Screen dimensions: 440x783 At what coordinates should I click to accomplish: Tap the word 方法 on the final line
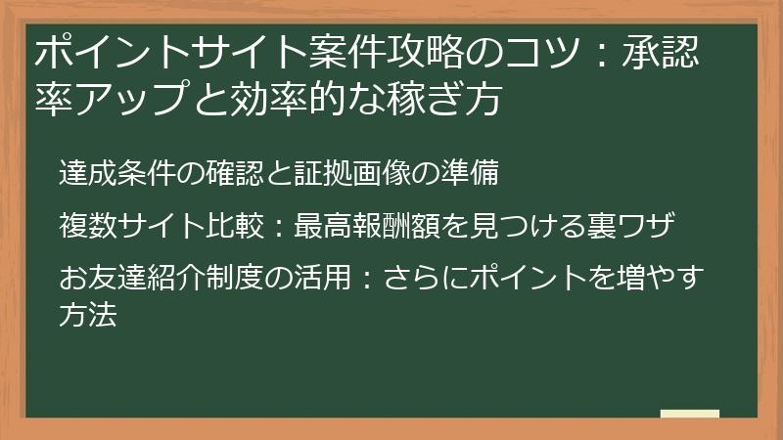tap(87, 316)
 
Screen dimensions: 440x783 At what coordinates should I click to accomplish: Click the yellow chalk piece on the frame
tap(689, 415)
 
